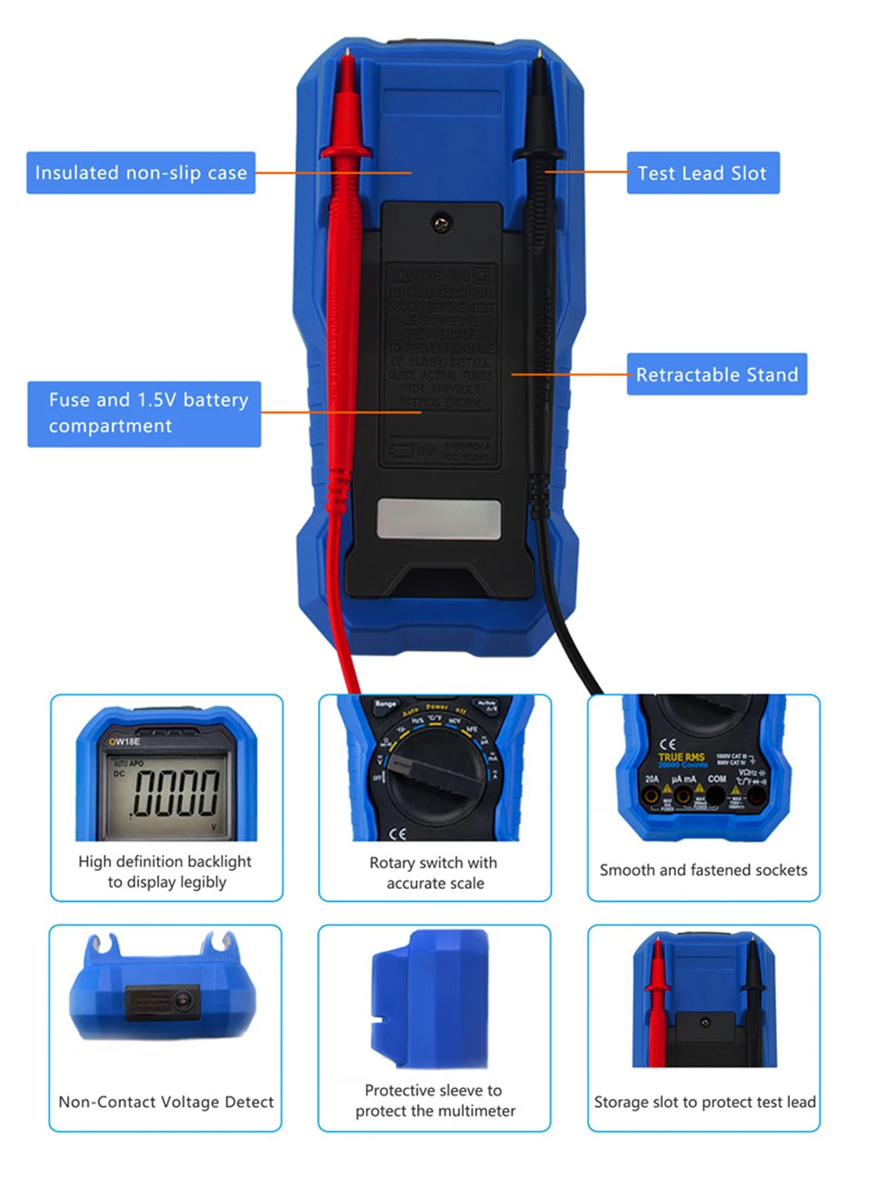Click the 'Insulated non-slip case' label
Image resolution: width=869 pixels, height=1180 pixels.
tap(141, 173)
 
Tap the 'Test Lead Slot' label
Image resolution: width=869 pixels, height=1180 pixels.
tap(702, 173)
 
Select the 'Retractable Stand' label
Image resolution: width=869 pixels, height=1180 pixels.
tap(716, 375)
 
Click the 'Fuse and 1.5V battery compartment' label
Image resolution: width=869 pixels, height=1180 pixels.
tap(144, 414)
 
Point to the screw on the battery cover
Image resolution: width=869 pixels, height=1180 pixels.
tap(441, 224)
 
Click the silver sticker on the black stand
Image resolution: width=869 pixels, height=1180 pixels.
tap(439, 519)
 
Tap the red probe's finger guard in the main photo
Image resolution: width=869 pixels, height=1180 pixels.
tap(346, 153)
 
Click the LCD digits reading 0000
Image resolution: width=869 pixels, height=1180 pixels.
tap(175, 792)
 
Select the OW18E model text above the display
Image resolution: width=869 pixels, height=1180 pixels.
tap(124, 741)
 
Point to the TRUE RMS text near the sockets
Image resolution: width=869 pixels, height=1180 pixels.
tap(681, 757)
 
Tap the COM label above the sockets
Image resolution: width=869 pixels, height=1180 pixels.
tap(716, 779)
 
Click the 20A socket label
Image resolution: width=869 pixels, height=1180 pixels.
tap(652, 779)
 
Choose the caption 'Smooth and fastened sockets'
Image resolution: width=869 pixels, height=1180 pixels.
tap(703, 870)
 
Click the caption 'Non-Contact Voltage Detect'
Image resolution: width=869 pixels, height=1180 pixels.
tap(166, 1102)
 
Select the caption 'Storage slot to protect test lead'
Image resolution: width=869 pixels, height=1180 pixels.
tap(705, 1102)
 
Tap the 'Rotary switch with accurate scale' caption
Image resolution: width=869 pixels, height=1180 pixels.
tap(434, 872)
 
